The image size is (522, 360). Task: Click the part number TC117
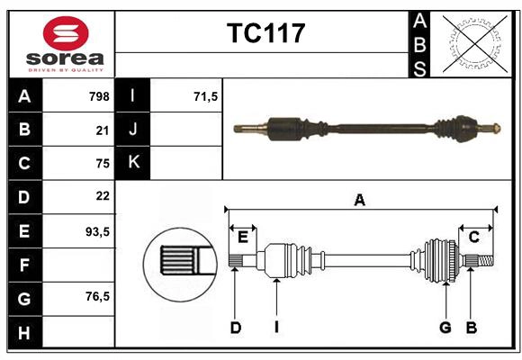coord(265,34)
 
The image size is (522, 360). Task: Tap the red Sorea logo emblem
coord(66,36)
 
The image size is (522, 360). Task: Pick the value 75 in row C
coord(102,164)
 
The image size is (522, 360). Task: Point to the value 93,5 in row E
coord(97,231)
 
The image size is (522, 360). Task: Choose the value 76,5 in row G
coord(97,296)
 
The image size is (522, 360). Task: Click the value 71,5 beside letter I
coord(206,96)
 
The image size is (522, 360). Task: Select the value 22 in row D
coord(102,196)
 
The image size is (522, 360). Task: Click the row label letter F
coord(24,265)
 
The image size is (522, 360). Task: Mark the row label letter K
coord(133,163)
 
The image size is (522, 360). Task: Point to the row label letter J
coord(133,130)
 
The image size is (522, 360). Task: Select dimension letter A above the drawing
coord(360,201)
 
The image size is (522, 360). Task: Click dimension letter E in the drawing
coord(242,237)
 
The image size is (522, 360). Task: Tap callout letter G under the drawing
coord(445,328)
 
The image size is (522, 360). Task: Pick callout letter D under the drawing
coord(235,328)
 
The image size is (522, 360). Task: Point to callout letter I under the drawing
coord(276,328)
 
